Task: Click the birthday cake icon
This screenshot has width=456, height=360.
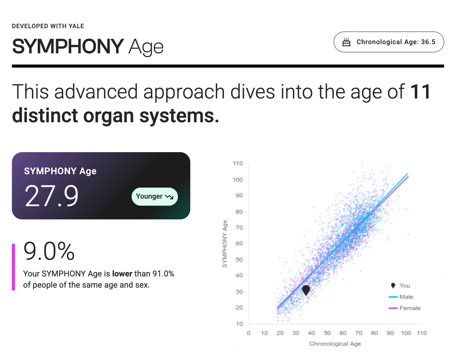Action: [347, 42]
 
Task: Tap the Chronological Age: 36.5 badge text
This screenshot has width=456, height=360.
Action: [396, 42]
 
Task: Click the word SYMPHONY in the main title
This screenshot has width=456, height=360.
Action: [68, 47]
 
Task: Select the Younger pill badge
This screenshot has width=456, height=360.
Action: [155, 197]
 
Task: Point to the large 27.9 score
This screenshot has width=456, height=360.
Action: [52, 196]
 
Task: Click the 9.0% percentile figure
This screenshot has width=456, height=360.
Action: [49, 251]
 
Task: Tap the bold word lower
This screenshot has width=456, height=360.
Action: [122, 274]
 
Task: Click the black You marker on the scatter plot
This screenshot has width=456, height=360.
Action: [306, 290]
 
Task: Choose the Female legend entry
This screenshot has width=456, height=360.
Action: [404, 308]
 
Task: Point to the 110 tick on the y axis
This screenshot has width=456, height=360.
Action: [238, 163]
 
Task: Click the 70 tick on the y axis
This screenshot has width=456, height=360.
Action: [239, 228]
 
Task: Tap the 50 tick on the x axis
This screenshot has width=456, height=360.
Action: [327, 333]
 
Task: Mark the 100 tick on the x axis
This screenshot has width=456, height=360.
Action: [406, 333]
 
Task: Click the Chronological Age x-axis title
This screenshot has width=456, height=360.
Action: [335, 344]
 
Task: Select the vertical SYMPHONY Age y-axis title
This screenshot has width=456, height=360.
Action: [225, 244]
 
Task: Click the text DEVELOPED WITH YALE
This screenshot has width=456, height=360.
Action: [48, 26]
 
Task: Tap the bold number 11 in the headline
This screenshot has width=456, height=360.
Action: [420, 92]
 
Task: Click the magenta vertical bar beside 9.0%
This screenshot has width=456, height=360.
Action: [13, 267]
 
